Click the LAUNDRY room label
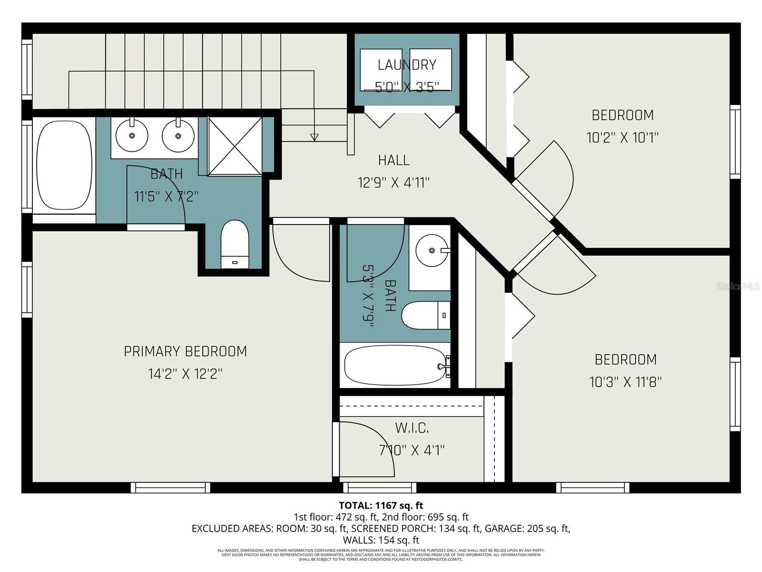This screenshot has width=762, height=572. (x=407, y=64)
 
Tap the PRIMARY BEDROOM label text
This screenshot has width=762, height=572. (x=185, y=351)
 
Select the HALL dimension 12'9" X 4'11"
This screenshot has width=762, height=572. (x=393, y=183)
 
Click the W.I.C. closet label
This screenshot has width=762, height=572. (x=412, y=428)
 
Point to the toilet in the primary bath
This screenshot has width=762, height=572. (x=235, y=243)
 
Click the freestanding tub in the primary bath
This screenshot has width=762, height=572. (x=64, y=164)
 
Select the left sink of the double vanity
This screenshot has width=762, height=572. (x=132, y=135)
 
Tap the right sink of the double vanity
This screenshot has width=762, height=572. (x=178, y=135)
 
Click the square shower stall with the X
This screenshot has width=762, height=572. (x=235, y=146)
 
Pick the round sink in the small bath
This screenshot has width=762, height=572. (x=431, y=250)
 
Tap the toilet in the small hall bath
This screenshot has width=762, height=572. (x=425, y=315)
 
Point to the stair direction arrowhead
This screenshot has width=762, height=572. (x=314, y=137)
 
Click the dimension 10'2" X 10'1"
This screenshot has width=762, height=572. (x=622, y=138)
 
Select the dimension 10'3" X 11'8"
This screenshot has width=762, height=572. (x=625, y=382)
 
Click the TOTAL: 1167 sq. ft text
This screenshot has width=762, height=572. (x=381, y=505)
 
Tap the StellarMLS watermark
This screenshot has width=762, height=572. (x=738, y=286)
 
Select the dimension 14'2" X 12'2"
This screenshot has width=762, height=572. (x=185, y=374)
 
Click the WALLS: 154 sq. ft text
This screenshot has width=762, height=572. (x=381, y=540)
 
